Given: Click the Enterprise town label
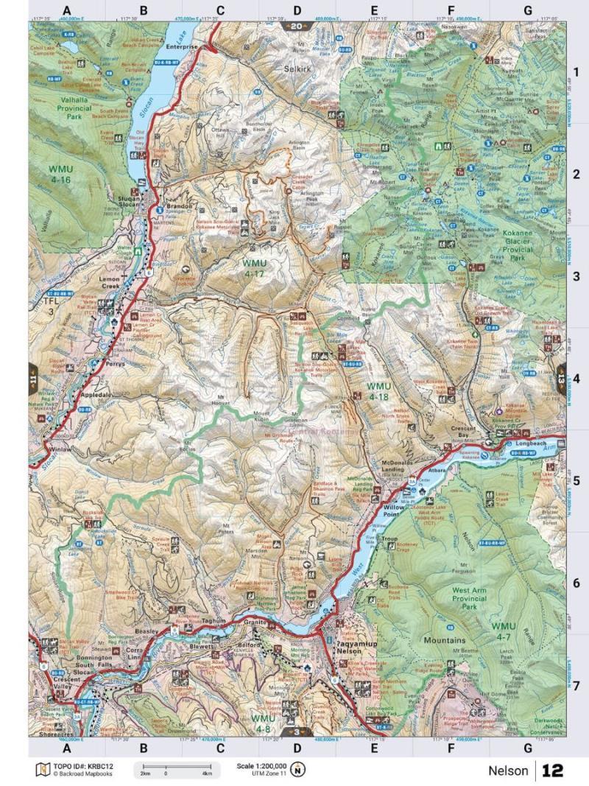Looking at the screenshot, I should point(182,46).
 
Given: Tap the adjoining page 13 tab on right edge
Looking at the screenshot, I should point(560,379).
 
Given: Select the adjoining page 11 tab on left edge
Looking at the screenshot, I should point(34,379).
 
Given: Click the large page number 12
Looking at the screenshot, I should point(552,771).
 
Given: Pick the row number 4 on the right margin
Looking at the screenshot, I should point(576,379).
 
